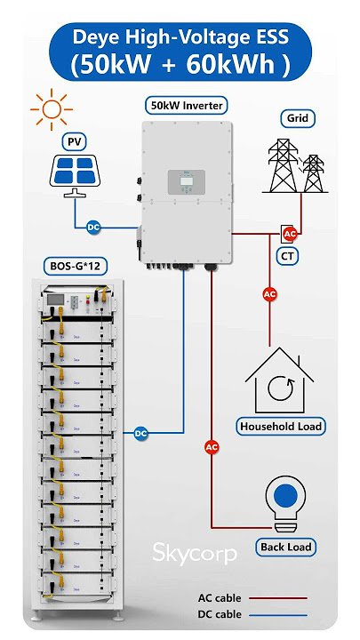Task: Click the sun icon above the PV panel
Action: pos(52,109)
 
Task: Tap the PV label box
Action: pos(75,142)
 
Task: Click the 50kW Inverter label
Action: pos(187,106)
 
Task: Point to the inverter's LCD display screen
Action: pos(186,181)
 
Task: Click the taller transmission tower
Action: pos(284,165)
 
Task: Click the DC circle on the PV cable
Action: pos(94,228)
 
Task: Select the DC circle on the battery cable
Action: pos(140,433)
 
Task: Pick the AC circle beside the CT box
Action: pos(290,234)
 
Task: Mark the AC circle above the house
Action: pos(269,294)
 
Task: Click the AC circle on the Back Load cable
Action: pos(212,447)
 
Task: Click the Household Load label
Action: pos(281,427)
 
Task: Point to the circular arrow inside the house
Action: pos(281,388)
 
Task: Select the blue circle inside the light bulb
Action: pos(286,495)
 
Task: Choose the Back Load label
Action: pos(285,547)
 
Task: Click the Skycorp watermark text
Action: pos(195,553)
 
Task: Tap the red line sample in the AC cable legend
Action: pos(278,598)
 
